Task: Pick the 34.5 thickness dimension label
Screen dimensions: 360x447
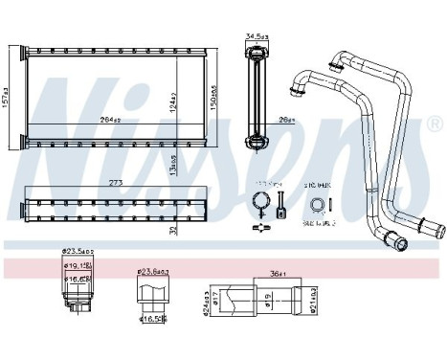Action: pos(256,37)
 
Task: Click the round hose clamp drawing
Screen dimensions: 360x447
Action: pos(258,202)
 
